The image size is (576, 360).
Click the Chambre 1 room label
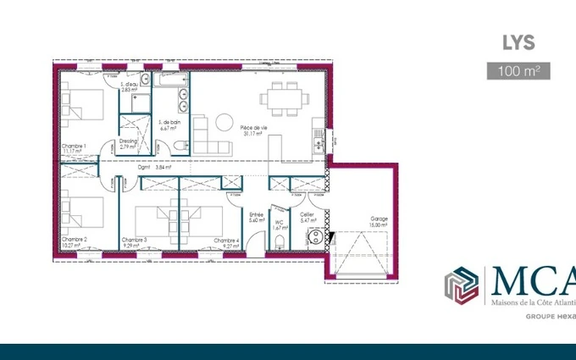pyautogui.click(x=74, y=146)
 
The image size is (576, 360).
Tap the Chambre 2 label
pyautogui.click(x=74, y=240)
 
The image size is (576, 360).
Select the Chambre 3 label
pyautogui.click(x=135, y=240)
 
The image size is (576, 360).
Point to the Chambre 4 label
pyautogui.click(x=226, y=240)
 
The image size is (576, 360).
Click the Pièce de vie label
pyautogui.click(x=252, y=127)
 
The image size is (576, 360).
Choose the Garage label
pyautogui.click(x=379, y=219)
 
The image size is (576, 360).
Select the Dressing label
pyautogui.click(x=128, y=141)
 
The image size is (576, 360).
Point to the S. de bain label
pyautogui.click(x=169, y=122)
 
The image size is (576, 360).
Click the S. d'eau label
pyautogui.click(x=129, y=85)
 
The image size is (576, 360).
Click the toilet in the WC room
pyautogui.click(x=279, y=240)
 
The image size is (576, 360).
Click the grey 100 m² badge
pyautogui.click(x=518, y=71)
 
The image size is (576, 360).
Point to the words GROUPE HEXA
pyautogui.click(x=550, y=316)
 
